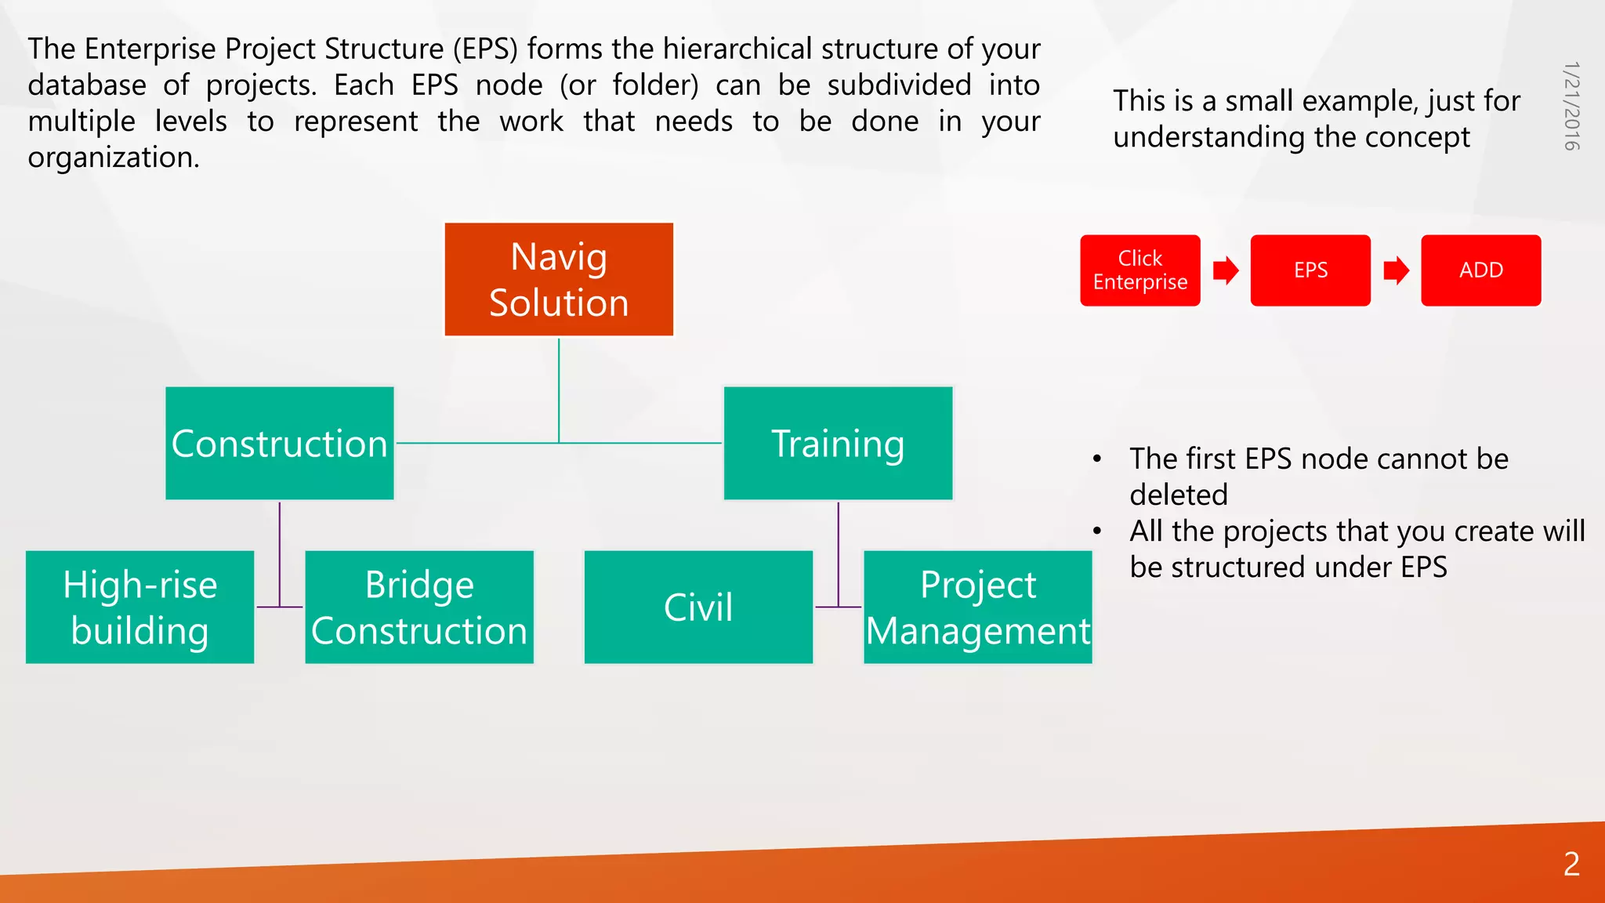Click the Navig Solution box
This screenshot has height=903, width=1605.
559,279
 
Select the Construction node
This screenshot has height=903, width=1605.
280,443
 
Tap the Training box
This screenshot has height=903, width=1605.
838,443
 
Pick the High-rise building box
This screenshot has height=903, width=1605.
139,607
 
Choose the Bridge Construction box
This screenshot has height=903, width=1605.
419,607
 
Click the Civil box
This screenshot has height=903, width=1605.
698,607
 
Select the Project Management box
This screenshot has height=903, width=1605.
977,607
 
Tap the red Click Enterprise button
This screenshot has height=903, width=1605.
1139,270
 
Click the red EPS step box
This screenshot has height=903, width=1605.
1310,270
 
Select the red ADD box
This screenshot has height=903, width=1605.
1480,270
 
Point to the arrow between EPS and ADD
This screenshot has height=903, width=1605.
1396,271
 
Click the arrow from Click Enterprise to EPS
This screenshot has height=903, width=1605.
1226,271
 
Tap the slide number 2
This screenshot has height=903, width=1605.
1571,864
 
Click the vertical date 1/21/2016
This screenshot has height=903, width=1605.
1571,106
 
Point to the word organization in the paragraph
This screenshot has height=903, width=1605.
113,158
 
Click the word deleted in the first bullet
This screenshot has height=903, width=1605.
1178,495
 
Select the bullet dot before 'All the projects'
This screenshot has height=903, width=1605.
1097,531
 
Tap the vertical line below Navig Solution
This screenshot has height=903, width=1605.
559,390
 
